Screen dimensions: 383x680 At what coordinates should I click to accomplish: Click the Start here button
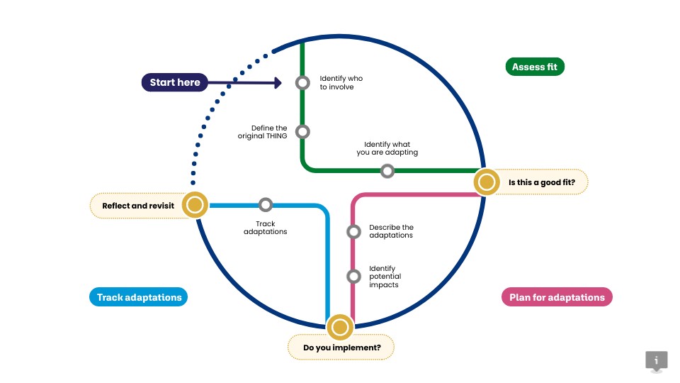(175, 82)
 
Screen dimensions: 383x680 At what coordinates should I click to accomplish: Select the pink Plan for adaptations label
(557, 297)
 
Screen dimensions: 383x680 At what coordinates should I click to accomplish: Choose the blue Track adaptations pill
(139, 297)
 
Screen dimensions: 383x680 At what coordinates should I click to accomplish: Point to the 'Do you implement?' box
(341, 348)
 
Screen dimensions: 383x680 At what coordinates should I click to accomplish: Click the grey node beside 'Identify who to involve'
(302, 83)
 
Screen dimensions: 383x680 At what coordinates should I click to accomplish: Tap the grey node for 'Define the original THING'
(302, 131)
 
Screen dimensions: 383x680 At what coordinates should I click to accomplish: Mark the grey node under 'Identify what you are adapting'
(387, 171)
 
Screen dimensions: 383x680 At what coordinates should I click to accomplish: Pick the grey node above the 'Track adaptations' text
(266, 205)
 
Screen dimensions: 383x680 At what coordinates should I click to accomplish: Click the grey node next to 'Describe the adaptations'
(353, 231)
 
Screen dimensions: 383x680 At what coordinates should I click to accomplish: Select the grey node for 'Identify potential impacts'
(353, 277)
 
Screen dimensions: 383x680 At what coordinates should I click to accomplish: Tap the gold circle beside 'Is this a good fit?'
(486, 182)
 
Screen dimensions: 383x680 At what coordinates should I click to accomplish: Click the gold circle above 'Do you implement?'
(340, 327)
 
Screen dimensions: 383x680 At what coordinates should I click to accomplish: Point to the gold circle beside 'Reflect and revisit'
(194, 205)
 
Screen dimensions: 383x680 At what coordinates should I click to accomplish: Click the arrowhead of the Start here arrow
(277, 83)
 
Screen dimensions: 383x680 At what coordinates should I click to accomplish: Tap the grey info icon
(656, 360)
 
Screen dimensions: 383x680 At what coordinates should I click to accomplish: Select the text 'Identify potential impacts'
(385, 277)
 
